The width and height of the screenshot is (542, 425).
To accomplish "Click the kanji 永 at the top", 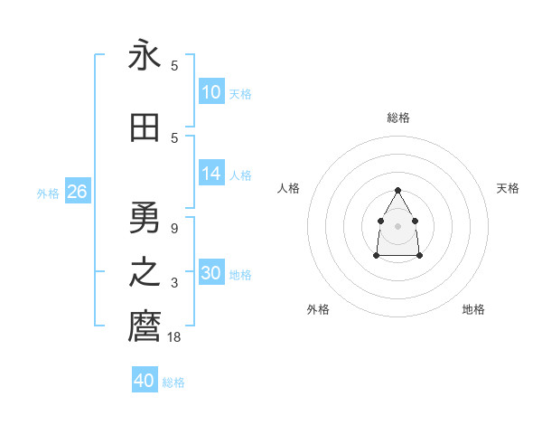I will (145, 56).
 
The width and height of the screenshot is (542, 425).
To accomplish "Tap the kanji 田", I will (145, 128).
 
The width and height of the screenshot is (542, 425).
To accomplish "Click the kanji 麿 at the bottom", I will (145, 326).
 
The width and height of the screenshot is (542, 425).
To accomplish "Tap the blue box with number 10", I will (211, 92).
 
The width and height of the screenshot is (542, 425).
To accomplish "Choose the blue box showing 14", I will (211, 174).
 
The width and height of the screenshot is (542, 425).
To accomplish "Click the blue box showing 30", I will (211, 273).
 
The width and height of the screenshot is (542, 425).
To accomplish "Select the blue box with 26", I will (77, 192).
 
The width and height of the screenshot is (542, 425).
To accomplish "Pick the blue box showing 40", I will (145, 381).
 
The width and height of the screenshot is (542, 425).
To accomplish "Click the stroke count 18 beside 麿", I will (174, 337).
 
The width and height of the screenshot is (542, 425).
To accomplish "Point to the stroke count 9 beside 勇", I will (174, 229).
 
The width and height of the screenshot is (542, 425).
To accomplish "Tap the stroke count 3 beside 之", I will (174, 284).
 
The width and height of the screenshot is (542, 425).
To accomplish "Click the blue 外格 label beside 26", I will (48, 193).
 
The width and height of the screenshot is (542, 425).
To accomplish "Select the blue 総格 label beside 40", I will (173, 382).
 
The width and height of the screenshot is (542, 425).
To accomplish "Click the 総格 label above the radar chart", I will (398, 118).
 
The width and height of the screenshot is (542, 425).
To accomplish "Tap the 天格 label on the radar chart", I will (508, 188).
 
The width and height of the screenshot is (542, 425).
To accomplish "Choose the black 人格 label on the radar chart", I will (289, 188).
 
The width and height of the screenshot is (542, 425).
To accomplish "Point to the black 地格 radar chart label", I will (473, 309).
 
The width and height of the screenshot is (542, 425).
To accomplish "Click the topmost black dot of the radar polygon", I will (398, 190).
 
